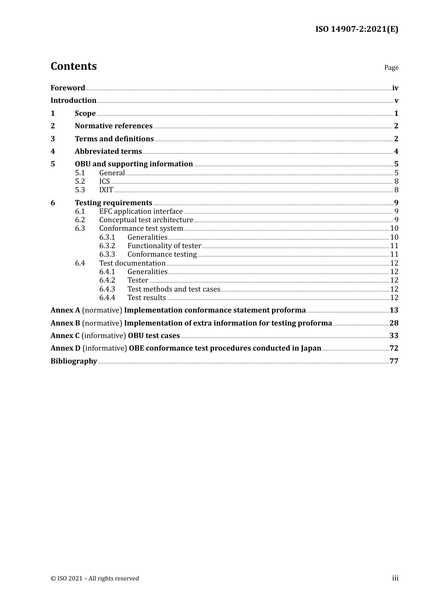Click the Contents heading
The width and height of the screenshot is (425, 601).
coord(73,66)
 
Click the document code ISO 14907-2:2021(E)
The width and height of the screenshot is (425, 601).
coord(357,30)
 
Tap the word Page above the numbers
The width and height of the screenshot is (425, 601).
coord(391,68)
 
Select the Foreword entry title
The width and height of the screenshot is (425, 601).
coord(68,88)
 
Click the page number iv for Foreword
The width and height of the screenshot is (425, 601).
coord(395,88)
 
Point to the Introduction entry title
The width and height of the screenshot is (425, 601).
coord(73,101)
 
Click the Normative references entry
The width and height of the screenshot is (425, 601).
coord(114,126)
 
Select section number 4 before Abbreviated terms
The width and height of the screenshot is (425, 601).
coord(53,152)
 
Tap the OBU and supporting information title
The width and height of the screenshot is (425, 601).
coord(134,164)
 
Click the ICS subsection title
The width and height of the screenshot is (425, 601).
coord(105,182)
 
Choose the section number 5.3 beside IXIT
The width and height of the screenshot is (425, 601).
coord(80,190)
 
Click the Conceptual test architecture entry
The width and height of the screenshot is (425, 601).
coord(146,220)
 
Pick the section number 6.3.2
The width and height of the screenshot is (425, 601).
coord(107,246)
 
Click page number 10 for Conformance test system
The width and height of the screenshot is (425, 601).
coord(394,229)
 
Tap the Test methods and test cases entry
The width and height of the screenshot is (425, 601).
coord(174,289)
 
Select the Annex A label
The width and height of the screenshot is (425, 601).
coord(65,310)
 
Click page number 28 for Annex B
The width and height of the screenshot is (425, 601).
coord(394,323)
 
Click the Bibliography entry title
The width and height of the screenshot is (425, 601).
coord(74,361)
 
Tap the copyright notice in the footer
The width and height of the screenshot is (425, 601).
coord(95,579)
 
